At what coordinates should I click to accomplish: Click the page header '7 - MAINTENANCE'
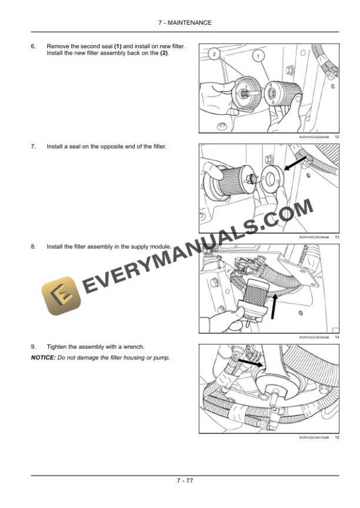[180, 22]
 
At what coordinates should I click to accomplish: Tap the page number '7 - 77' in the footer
[180, 480]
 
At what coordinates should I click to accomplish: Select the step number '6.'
[34, 46]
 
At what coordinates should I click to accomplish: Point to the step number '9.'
[34, 347]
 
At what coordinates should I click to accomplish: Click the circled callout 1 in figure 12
[257, 56]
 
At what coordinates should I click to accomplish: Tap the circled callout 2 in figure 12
[215, 54]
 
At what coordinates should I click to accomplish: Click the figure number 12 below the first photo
[336, 136]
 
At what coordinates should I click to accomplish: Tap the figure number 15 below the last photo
[336, 437]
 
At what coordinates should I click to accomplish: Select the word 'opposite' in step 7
[111, 146]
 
